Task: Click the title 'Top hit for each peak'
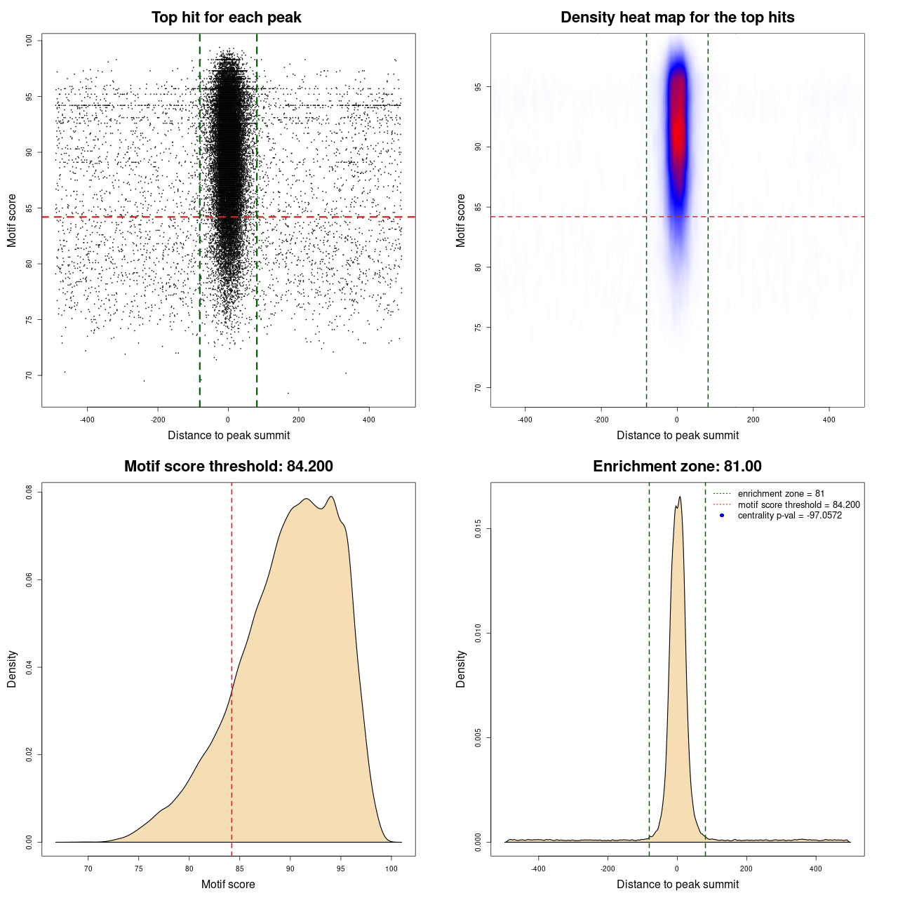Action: tap(227, 18)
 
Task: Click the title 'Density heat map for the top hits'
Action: tap(678, 18)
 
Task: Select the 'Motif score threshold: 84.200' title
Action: tap(229, 467)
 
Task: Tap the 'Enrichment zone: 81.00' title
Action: tap(678, 467)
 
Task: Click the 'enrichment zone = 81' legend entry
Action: tap(781, 494)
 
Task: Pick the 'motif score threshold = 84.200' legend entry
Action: tap(798, 504)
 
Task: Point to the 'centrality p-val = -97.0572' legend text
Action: tap(789, 516)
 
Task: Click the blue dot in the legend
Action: tap(722, 516)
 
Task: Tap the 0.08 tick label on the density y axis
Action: tap(29, 493)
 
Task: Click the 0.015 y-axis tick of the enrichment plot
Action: tap(478, 529)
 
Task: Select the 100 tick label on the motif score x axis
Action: tap(391, 869)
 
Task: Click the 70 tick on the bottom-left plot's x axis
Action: tap(88, 869)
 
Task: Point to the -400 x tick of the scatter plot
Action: tap(87, 420)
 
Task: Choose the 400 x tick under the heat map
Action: tap(829, 420)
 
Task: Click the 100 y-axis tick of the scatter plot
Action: tap(29, 41)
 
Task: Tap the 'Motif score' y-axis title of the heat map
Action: tap(461, 220)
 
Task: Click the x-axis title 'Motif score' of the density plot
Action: tap(228, 884)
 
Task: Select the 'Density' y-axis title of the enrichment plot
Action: tap(461, 669)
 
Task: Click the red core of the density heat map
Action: tap(678, 126)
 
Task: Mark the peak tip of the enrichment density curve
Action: tap(680, 497)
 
